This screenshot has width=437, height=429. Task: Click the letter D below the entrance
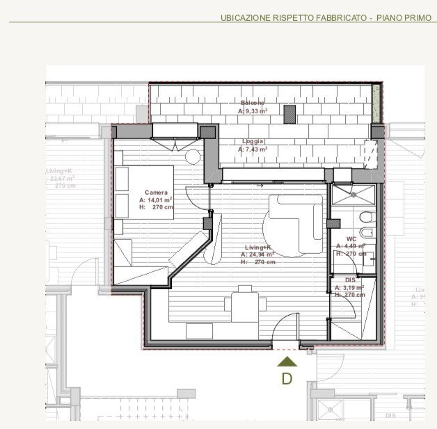tap(287, 379)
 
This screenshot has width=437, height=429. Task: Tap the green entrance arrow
tap(287, 361)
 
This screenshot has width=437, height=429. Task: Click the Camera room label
tap(157, 192)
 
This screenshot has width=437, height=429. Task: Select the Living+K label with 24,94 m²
tap(257, 247)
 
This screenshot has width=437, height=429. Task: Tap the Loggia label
tap(253, 140)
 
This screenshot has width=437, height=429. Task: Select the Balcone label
tap(253, 102)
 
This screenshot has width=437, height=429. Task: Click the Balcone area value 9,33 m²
tap(254, 111)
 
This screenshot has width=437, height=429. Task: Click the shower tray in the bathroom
tap(353, 195)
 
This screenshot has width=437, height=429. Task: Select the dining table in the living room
tap(245, 303)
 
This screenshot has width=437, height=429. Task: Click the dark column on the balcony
tap(289, 114)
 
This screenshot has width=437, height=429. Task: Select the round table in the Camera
tap(193, 156)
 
